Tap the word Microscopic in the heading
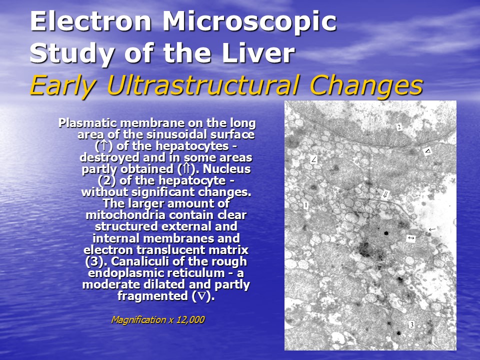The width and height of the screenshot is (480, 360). coord(249,22)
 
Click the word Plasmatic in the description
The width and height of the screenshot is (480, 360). coord(87,123)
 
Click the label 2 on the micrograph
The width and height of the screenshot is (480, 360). coord(399,127)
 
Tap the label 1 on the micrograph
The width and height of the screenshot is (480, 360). coord(306,205)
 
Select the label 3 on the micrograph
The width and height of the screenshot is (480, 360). coord(411,325)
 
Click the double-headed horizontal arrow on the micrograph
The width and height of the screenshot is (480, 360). coord(411,238)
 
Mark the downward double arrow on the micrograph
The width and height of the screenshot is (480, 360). coord(385,194)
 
